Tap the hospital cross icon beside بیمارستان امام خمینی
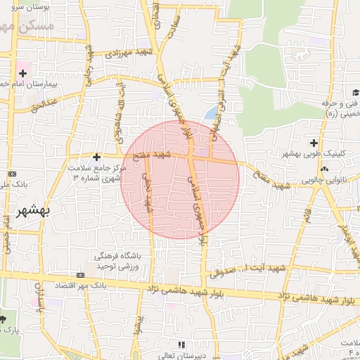23,72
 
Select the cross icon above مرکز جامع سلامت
97,157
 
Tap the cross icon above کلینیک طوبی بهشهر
314,143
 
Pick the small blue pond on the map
210,112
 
